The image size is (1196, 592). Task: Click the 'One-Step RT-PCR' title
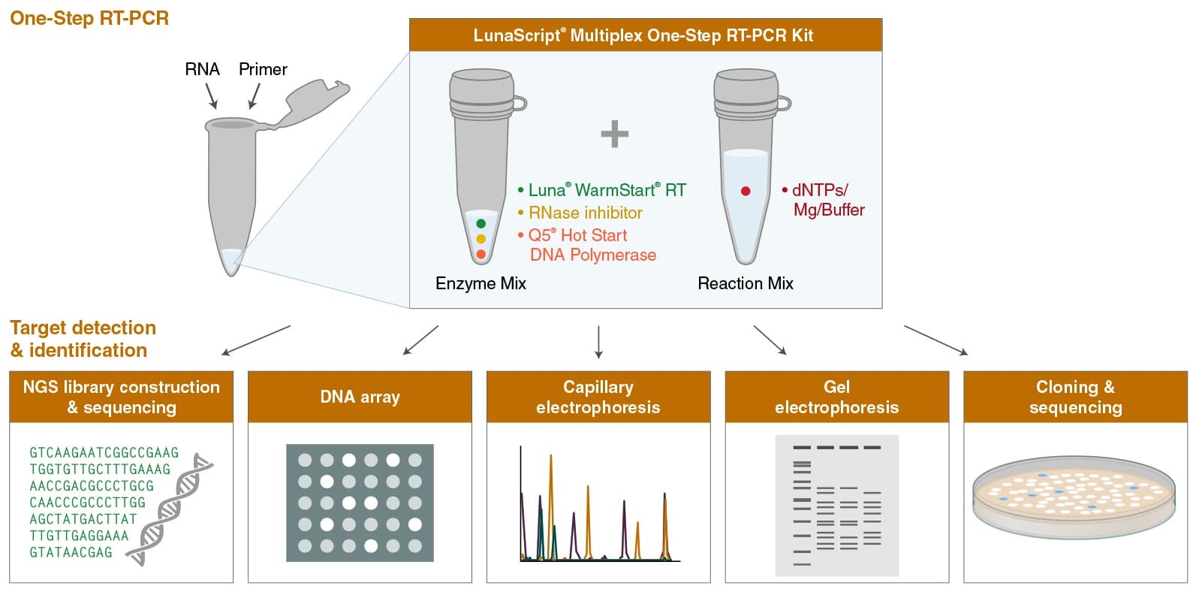coord(89,18)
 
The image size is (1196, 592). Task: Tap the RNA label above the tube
coord(202,69)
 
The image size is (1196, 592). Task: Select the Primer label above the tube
coord(263,69)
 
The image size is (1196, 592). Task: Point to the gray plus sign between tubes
coord(614,134)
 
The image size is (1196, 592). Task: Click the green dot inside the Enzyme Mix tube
coord(481,223)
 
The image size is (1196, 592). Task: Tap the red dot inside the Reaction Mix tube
coord(746,191)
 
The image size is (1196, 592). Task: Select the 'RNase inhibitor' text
coord(585,213)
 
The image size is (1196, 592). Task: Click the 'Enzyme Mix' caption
coord(481,283)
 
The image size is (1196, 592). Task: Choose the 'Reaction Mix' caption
coord(746,283)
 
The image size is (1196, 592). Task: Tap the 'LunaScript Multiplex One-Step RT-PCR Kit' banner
coord(645,35)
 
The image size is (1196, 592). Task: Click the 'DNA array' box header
coord(360,397)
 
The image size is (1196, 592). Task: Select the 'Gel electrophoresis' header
coord(836,397)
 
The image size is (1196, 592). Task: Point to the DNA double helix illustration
coord(170,509)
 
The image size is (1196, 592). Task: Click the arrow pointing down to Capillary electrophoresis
coord(598,342)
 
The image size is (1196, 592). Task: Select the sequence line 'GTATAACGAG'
coord(71,552)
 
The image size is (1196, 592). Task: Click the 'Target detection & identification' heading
coord(83,339)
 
